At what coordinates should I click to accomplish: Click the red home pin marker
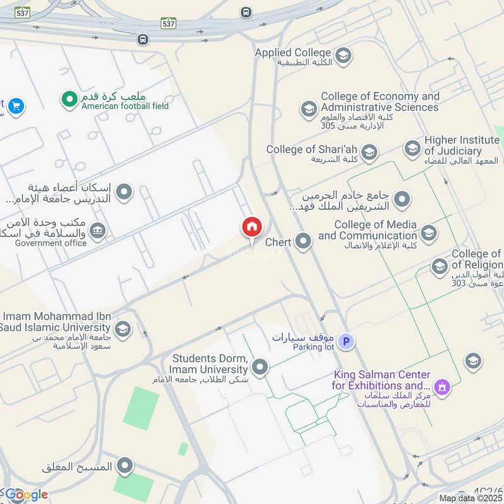pyautogui.click(x=251, y=227)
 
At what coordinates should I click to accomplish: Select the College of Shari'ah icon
pyautogui.click(x=369, y=152)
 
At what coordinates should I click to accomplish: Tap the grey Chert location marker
pyautogui.click(x=304, y=241)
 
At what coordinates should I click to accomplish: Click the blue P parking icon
pyautogui.click(x=345, y=342)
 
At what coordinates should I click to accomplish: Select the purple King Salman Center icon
pyautogui.click(x=443, y=386)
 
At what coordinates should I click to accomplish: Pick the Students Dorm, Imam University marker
pyautogui.click(x=260, y=367)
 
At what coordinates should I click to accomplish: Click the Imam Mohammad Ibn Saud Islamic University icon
pyautogui.click(x=123, y=328)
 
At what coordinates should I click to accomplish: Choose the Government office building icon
pyautogui.click(x=98, y=231)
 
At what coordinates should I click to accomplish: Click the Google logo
pyautogui.click(x=26, y=495)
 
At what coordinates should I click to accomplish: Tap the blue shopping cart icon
pyautogui.click(x=16, y=106)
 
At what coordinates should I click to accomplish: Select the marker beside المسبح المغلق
pyautogui.click(x=126, y=467)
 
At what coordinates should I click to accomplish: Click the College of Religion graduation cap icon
pyautogui.click(x=440, y=266)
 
